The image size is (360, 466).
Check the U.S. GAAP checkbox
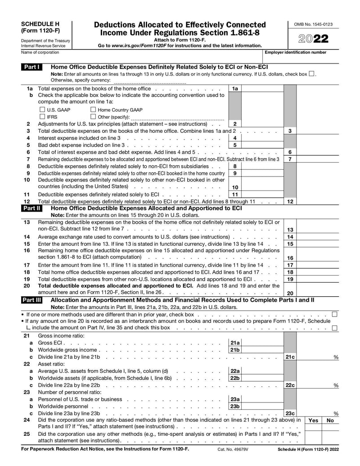[42, 109]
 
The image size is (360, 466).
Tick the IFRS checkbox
[42, 117]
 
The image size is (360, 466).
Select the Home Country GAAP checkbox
[93, 109]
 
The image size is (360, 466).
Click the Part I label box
[32, 67]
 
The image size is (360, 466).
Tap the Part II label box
[32, 208]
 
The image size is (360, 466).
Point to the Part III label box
[33, 300]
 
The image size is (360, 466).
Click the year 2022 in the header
[314, 39]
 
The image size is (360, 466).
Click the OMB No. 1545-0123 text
[313, 24]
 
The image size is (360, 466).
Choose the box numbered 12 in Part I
[290, 201]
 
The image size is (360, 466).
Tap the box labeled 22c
[290, 385]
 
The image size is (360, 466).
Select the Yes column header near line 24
[313, 420]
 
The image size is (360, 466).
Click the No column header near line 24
[330, 420]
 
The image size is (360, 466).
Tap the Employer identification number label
[295, 53]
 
